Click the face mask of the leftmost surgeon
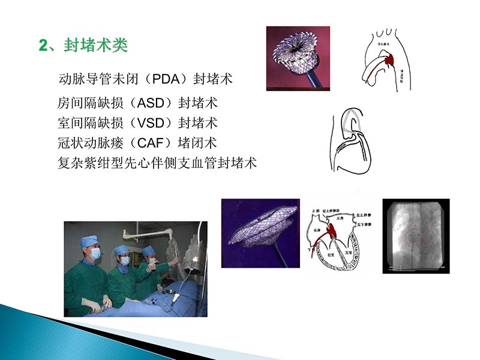tap(94, 254)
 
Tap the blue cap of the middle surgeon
tap(122, 250)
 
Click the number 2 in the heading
tap(42, 46)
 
